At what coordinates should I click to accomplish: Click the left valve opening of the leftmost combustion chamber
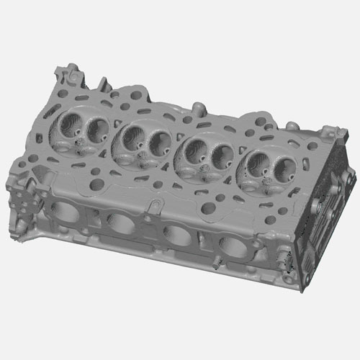click(x=72, y=124)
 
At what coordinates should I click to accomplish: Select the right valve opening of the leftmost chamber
click(x=96, y=128)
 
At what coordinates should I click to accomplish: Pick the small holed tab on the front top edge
click(x=153, y=207)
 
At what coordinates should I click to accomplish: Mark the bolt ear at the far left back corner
click(x=68, y=72)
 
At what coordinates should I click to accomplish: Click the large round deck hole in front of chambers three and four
click(x=208, y=209)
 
